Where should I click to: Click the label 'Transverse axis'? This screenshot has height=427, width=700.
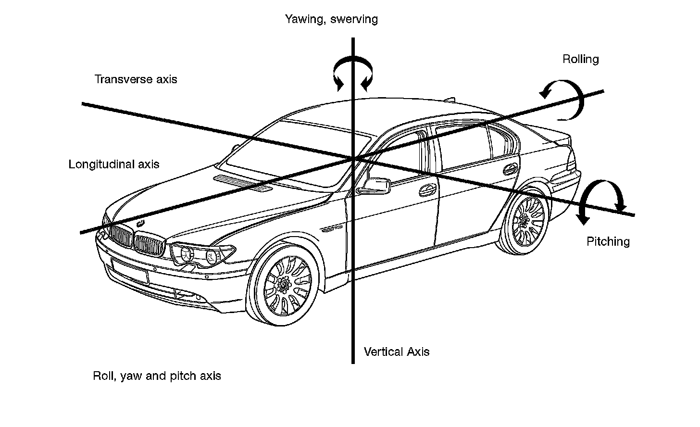pos(136,79)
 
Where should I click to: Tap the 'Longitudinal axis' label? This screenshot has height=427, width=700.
pos(114,164)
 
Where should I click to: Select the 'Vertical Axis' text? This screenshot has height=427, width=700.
pos(397,352)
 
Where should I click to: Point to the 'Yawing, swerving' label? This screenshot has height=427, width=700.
pos(331,19)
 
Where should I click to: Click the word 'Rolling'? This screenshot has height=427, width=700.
pos(581,59)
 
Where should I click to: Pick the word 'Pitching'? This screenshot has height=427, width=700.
pos(608,241)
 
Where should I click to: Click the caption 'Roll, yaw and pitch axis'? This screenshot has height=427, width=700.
pos(157,376)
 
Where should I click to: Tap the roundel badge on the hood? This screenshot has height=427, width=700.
pos(141,223)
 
